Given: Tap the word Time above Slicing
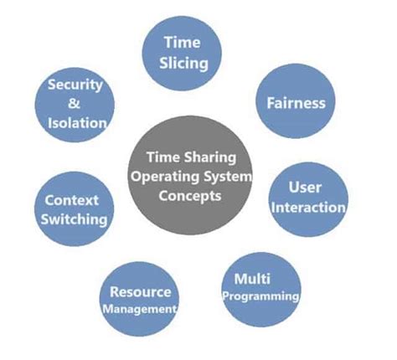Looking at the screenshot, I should (183, 42).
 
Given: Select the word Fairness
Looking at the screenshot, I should (295, 104).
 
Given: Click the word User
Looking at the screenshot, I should (305, 188).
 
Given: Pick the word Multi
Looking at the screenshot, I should (251, 277).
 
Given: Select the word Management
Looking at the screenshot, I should (140, 309).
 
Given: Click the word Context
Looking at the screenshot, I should (72, 201).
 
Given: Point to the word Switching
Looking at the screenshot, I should (76, 219).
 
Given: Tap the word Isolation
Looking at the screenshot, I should (77, 123).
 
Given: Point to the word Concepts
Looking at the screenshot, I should (193, 197).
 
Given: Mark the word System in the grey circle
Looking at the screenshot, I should (223, 177).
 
